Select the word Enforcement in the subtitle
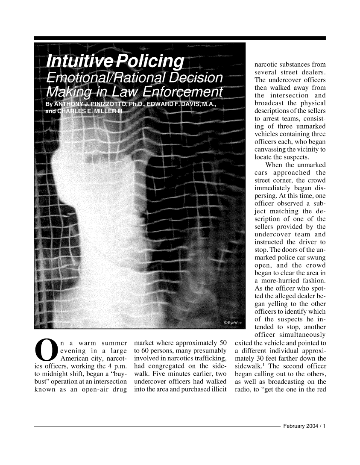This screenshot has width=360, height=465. pos(184,91)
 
